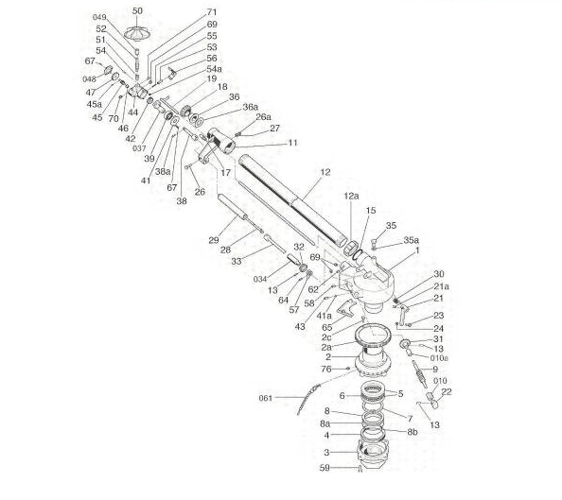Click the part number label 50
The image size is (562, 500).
[137, 10]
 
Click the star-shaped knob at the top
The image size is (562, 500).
[136, 33]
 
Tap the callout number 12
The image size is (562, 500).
[325, 172]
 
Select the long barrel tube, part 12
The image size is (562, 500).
[293, 200]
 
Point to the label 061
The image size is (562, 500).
[266, 398]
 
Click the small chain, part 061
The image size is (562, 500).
[308, 400]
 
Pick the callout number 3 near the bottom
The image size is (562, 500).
[326, 453]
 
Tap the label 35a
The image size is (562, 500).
[412, 240]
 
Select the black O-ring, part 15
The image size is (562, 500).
[358, 254]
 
